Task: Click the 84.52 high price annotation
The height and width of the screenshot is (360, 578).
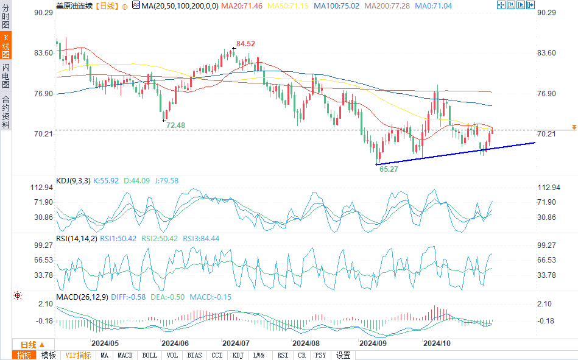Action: [245, 44]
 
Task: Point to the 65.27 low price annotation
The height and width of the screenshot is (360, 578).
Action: [389, 169]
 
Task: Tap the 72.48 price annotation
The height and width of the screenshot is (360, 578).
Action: [175, 125]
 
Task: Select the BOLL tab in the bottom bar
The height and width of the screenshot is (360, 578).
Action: [149, 355]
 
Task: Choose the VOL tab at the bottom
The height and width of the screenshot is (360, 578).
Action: [172, 355]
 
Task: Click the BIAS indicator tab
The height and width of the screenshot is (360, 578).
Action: [195, 355]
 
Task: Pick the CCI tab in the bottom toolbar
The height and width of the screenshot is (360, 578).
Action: [217, 355]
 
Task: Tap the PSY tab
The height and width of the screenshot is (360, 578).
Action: [321, 355]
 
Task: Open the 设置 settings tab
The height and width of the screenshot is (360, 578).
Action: [344, 355]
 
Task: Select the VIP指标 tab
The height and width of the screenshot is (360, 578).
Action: [78, 355]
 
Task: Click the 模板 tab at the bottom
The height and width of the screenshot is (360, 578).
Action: [48, 355]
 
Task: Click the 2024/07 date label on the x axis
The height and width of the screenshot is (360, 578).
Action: [234, 344]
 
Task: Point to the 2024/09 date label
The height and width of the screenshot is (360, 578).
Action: [372, 344]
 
